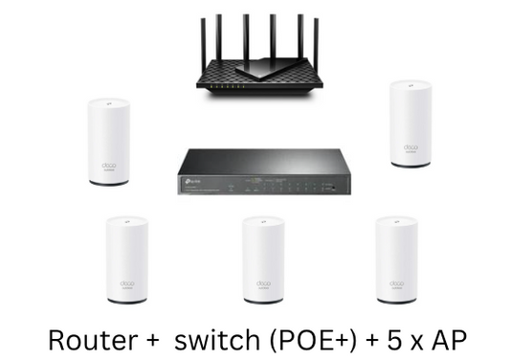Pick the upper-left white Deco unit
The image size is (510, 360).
click(108, 141)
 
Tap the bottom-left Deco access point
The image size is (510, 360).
click(127, 260)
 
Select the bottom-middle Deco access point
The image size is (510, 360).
click(262, 260)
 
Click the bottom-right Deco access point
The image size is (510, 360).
click(395, 260)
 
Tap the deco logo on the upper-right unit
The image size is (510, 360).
click(410, 146)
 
